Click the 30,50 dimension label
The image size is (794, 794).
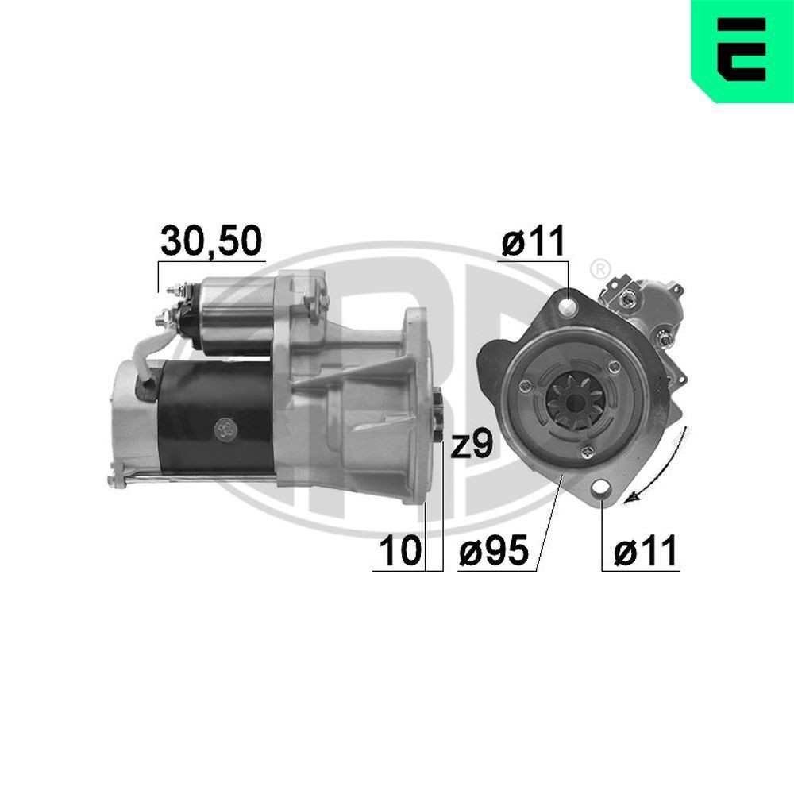point(210,242)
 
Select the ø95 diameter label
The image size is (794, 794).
point(493,551)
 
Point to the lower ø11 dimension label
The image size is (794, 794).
point(647,550)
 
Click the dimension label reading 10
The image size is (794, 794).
point(399,551)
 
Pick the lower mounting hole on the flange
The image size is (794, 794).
point(601,489)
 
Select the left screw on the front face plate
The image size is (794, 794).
point(524,387)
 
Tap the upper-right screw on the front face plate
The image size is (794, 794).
point(615,366)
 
